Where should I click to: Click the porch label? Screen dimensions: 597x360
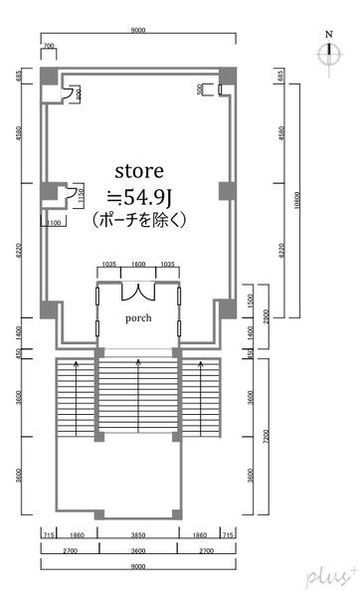click(x=138, y=318)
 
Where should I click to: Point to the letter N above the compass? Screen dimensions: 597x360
click(x=328, y=36)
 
